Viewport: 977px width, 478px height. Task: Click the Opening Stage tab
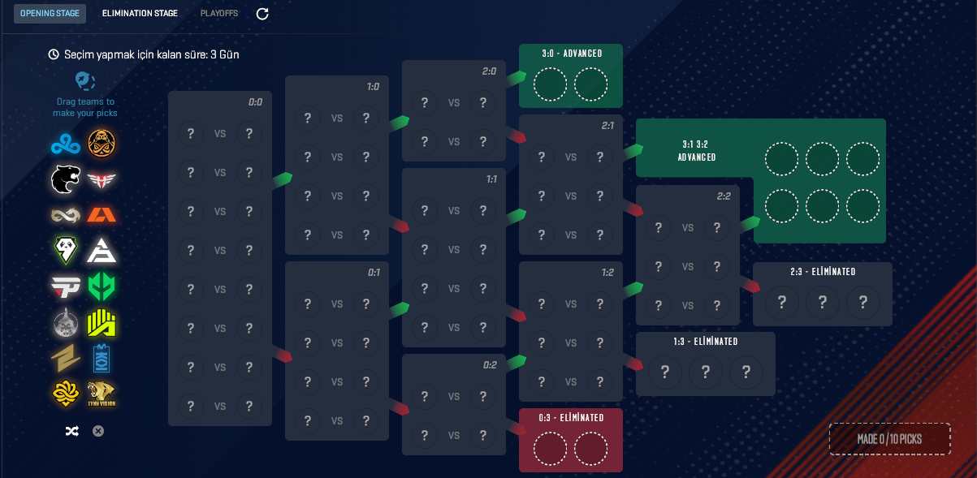[50, 14]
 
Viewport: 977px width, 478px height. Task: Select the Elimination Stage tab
[140, 14]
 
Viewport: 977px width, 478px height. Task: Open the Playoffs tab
[219, 14]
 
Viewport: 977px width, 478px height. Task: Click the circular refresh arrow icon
[262, 14]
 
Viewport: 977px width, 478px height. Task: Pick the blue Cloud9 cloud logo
[63, 144]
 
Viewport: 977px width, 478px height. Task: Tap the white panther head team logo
[66, 179]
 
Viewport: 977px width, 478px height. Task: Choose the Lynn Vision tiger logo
[102, 394]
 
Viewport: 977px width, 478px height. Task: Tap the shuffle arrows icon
[71, 431]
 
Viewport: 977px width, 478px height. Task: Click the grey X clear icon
[98, 431]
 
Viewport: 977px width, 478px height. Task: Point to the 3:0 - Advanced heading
[572, 54]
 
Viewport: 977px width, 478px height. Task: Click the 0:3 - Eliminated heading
[571, 418]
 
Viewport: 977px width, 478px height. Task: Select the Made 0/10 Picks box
[889, 439]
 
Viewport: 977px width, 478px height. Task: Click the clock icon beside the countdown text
[54, 54]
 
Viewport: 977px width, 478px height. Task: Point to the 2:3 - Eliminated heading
[823, 272]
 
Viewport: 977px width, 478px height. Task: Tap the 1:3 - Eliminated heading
[705, 342]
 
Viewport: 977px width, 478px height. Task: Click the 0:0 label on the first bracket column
[255, 102]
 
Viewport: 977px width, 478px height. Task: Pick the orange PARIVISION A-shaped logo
[102, 215]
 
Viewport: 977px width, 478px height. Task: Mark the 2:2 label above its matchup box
[724, 196]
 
